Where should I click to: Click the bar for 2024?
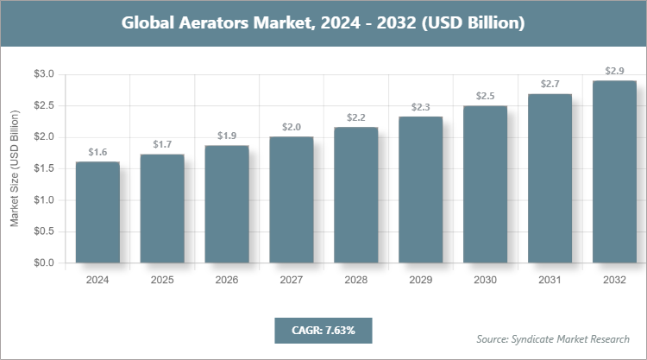[97, 212]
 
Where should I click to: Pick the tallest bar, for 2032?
[614, 172]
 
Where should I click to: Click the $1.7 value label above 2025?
[162, 143]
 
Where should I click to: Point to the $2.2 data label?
[356, 117]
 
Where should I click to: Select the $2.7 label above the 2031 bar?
[550, 84]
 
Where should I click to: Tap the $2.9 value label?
[614, 70]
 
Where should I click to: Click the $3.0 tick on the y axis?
[42, 74]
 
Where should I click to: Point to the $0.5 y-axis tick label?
[42, 231]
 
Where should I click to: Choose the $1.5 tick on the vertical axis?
[42, 168]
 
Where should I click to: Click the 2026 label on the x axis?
[227, 281]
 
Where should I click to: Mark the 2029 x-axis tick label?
[421, 281]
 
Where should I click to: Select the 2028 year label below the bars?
[356, 281]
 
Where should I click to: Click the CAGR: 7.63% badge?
[323, 330]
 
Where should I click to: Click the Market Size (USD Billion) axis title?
[15, 168]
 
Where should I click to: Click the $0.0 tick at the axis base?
[42, 262]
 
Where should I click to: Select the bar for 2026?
[227, 204]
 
